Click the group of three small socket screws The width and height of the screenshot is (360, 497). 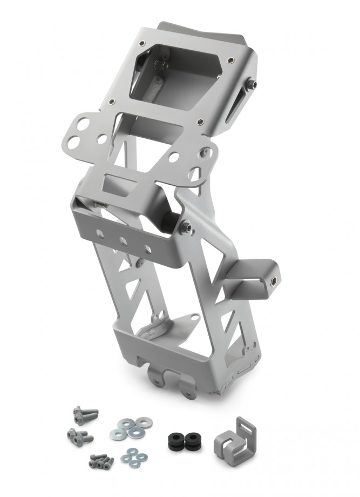[101, 461]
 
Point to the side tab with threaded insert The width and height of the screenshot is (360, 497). [258, 276]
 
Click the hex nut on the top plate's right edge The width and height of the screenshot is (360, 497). [250, 85]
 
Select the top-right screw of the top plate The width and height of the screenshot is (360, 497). [231, 61]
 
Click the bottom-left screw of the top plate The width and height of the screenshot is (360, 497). [112, 100]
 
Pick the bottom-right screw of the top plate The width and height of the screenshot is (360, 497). [200, 122]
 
